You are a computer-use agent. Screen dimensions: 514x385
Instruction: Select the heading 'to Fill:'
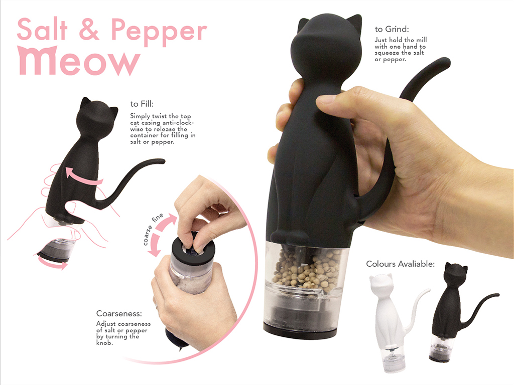pyautogui.click(x=142, y=104)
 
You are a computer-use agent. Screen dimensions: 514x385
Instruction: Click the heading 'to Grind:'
pyautogui.click(x=392, y=29)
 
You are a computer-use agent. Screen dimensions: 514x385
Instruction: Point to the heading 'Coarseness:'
pyautogui.click(x=119, y=313)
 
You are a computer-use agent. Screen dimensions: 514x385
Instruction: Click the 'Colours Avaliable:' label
pyautogui.click(x=400, y=264)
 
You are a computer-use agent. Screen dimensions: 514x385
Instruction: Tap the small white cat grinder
pyautogui.click(x=390, y=322)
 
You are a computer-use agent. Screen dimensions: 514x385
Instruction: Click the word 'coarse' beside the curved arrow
pyautogui.click(x=148, y=235)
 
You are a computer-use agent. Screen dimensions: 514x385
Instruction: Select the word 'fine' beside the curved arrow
pyautogui.click(x=158, y=218)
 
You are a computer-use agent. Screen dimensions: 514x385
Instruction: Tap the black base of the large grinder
pyautogui.click(x=300, y=331)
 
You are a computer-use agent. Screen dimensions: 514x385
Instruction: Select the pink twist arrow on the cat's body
pyautogui.click(x=84, y=176)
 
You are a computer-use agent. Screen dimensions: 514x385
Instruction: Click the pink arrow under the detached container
pyautogui.click(x=52, y=264)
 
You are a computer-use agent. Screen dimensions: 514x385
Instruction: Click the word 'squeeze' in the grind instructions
pyautogui.click(x=387, y=53)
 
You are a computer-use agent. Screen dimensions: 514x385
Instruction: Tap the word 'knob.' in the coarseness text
pyautogui.click(x=104, y=343)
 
